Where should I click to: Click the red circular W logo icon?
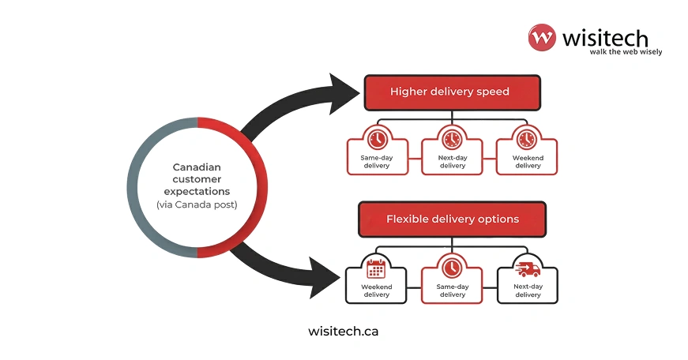click(543, 38)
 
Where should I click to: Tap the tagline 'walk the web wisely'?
click(626, 52)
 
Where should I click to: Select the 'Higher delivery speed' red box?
click(452, 92)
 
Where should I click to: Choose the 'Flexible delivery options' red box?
click(452, 219)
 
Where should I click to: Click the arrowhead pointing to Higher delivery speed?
click(344, 88)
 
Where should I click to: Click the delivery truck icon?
click(527, 268)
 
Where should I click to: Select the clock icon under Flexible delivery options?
click(452, 267)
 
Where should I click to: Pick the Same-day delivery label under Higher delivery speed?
click(378, 162)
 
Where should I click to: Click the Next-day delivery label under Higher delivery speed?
click(452, 162)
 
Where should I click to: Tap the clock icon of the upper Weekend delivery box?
click(527, 140)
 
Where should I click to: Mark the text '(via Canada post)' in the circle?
click(197, 205)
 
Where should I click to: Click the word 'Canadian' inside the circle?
click(197, 167)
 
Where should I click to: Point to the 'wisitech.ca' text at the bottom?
click(343, 332)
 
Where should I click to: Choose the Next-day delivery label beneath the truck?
click(527, 291)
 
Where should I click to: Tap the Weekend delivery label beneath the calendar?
click(376, 291)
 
